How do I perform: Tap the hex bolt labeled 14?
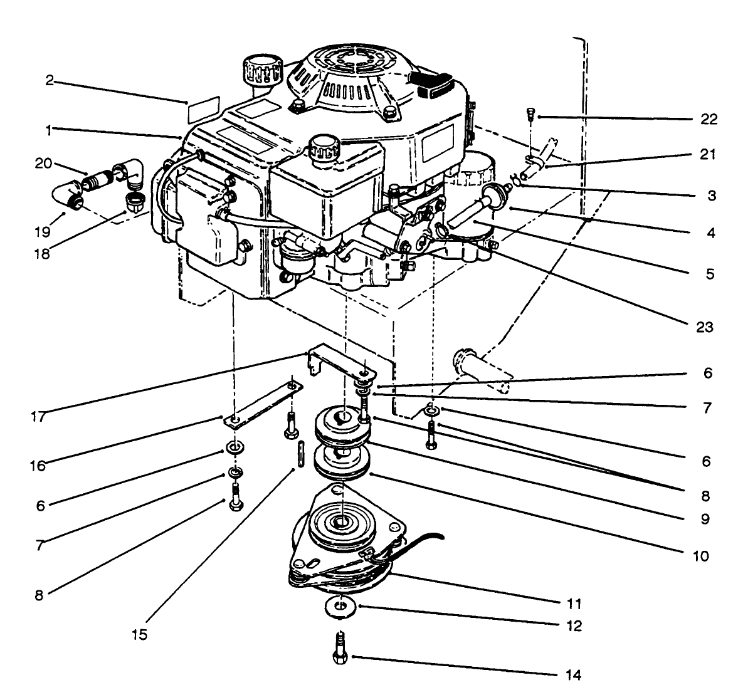(339, 653)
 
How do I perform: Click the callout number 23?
(705, 327)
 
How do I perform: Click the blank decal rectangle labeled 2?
(204, 108)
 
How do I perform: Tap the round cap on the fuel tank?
(323, 147)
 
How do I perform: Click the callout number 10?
(700, 556)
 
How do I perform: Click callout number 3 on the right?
(710, 195)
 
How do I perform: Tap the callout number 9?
(705, 519)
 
